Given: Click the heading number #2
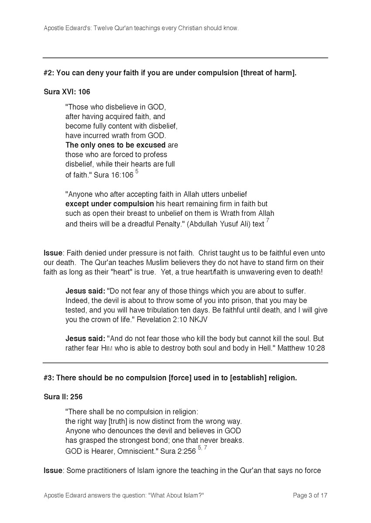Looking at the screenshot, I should click(x=48, y=73).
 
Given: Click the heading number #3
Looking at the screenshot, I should click(x=48, y=378).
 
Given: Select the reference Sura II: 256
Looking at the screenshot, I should click(x=63, y=397).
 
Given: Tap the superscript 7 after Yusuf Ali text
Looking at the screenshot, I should click(x=268, y=221).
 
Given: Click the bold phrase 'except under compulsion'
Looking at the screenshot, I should click(x=110, y=204).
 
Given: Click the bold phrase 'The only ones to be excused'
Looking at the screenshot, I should click(x=115, y=145).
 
